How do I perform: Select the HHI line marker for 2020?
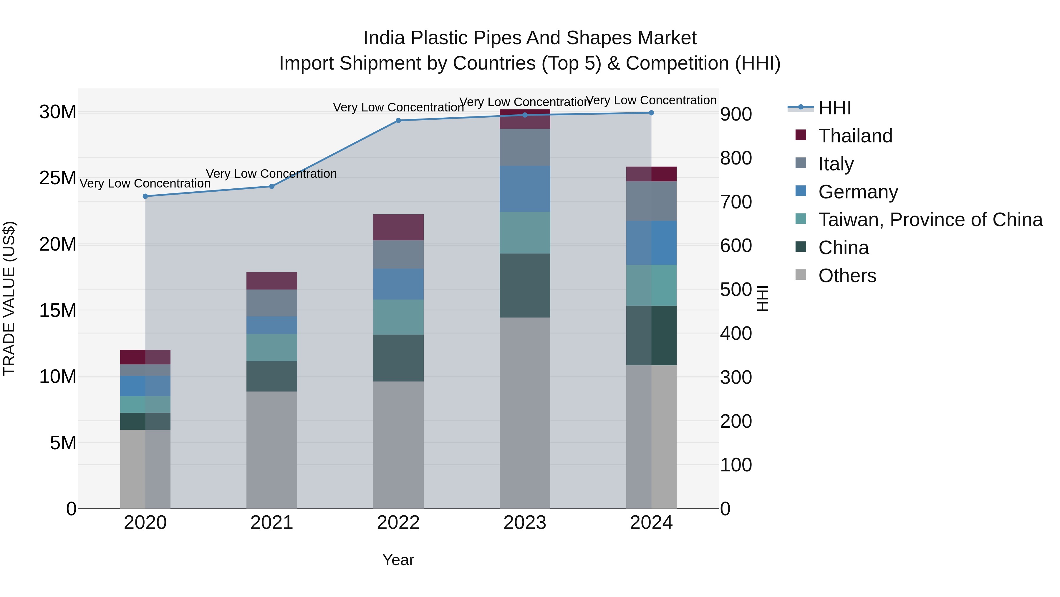[145, 197]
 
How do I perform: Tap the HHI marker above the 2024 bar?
[651, 113]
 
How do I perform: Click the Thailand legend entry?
[855, 136]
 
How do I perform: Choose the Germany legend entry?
[858, 192]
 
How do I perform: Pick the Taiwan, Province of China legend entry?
[930, 220]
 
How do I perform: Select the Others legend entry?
[847, 276]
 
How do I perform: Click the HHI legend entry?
[834, 108]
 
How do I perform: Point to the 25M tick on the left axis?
[58, 178]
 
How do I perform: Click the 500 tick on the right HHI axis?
[736, 290]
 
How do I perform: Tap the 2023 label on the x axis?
[525, 523]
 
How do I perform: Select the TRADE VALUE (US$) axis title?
[9, 298]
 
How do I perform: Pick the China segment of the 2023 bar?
[525, 285]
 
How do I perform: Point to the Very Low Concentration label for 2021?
[271, 174]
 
